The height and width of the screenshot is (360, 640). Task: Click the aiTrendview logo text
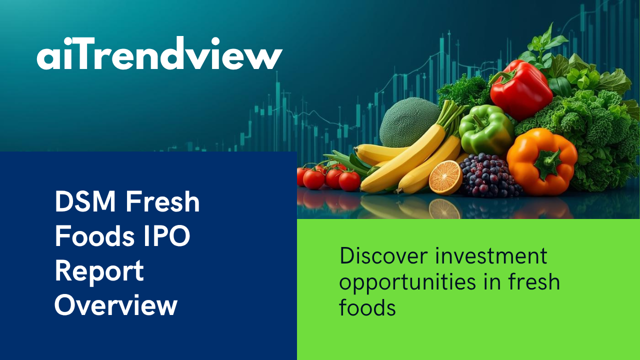click(x=159, y=53)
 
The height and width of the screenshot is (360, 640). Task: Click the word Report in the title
click(x=99, y=271)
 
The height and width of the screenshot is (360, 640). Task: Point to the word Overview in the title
click(x=116, y=305)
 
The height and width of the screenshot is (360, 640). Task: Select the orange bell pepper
click(x=541, y=161)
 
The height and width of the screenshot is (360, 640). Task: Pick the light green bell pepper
click(x=485, y=130)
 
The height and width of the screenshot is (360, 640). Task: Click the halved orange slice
click(x=445, y=177)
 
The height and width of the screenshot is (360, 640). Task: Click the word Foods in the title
click(x=94, y=236)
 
